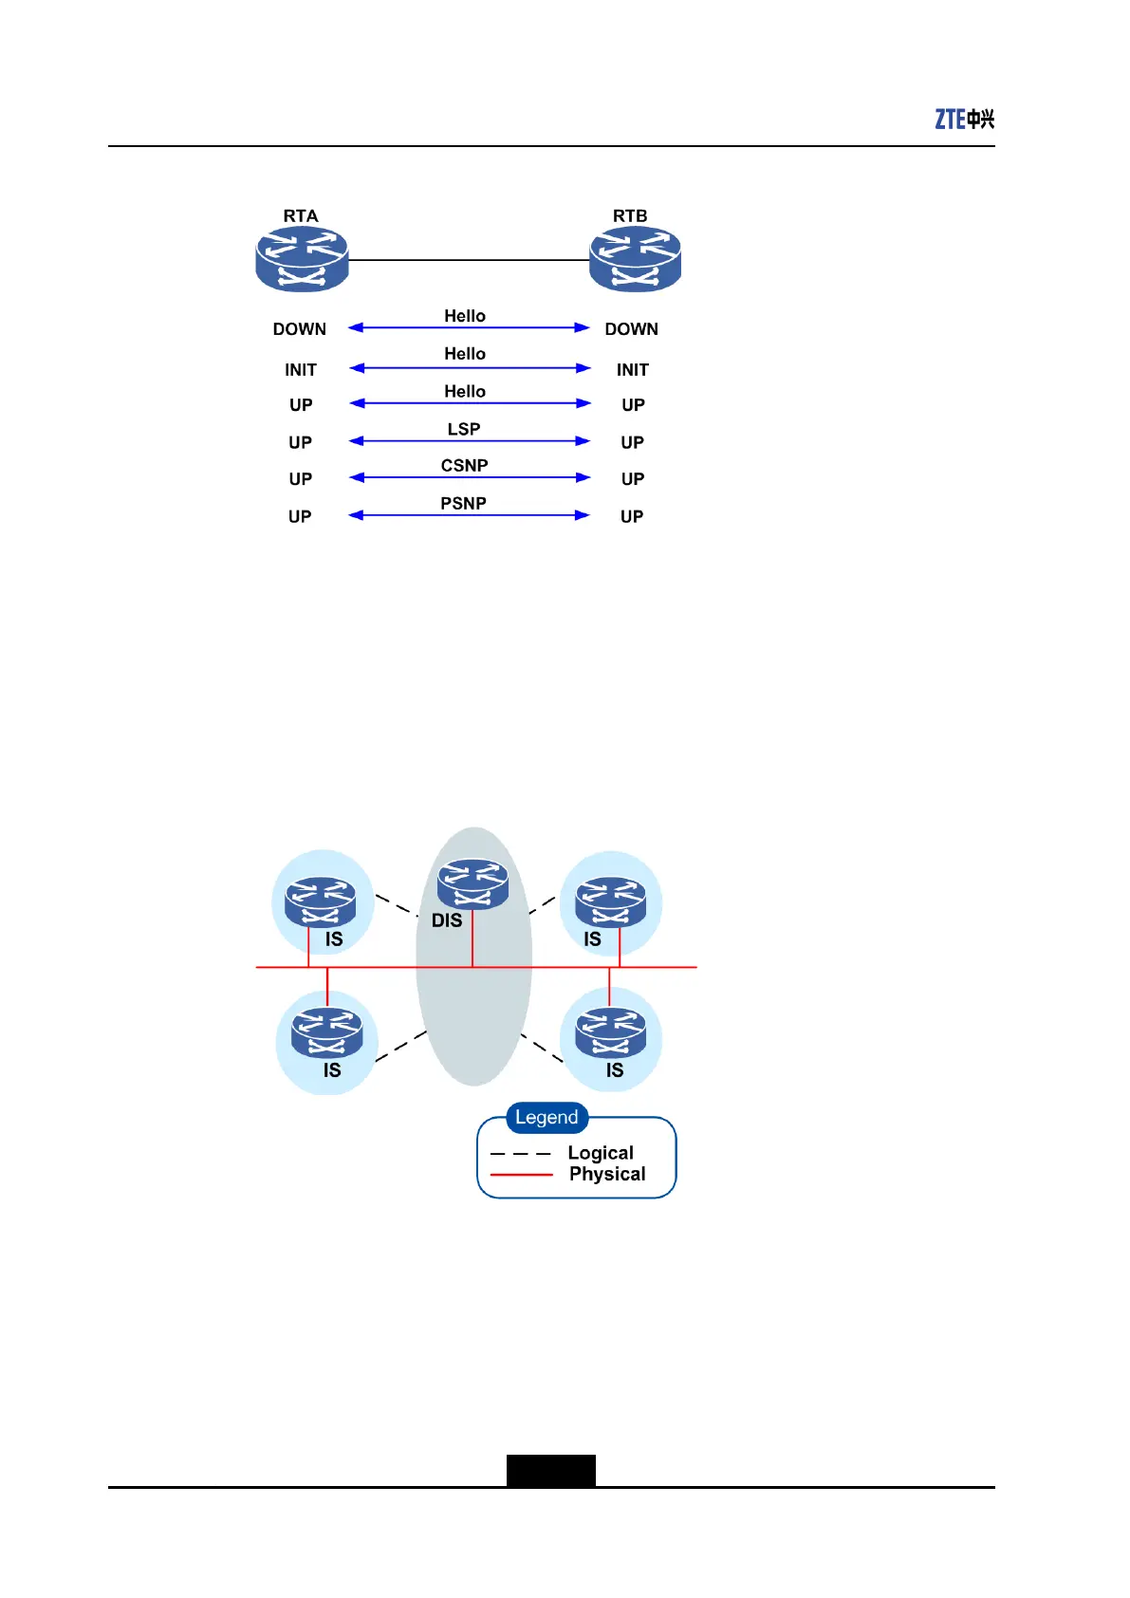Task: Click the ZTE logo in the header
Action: pos(964,119)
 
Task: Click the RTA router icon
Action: pos(302,259)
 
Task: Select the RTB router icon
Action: pos(635,259)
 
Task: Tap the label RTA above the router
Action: pos(301,216)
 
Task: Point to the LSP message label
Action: pos(464,429)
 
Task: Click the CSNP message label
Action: pos(464,466)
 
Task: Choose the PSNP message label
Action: pos(463,504)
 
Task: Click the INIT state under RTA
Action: pos(301,370)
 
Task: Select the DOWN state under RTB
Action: pos(631,329)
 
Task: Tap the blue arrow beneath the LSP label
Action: pos(469,441)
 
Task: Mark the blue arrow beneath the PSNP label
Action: pos(469,515)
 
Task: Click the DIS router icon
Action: pos(472,883)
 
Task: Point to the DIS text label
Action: pos(447,920)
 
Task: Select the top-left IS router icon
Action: pos(323,901)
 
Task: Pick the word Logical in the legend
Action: pos(601,1153)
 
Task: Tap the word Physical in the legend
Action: pos(607,1174)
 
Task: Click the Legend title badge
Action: pos(546,1118)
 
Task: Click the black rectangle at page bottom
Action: pos(550,1470)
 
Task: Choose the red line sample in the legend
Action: pos(521,1175)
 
